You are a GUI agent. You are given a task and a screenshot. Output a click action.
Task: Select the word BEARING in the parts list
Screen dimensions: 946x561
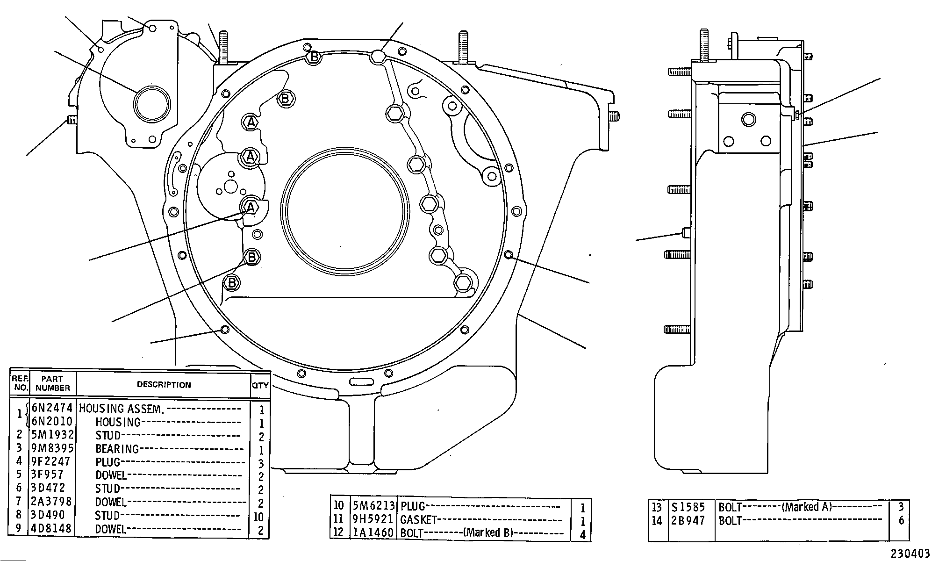117,449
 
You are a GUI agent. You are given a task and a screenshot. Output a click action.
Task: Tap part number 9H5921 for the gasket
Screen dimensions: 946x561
373,519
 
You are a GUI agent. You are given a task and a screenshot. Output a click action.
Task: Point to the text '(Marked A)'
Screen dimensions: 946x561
807,507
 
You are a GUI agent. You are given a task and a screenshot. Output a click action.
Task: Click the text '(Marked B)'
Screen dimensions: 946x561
488,532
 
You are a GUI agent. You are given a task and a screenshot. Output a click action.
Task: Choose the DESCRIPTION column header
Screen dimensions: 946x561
164,385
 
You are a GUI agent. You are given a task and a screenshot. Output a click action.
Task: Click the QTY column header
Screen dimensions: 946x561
260,385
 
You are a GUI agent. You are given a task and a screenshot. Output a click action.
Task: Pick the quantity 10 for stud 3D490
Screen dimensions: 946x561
258,517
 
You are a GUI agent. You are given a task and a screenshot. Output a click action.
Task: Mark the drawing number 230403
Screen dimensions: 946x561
910,554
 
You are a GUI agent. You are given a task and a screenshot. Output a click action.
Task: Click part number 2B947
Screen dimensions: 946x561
688,520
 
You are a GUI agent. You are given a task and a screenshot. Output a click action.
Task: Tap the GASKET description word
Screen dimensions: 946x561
419,520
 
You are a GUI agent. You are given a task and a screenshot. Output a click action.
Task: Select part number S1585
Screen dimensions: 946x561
688,507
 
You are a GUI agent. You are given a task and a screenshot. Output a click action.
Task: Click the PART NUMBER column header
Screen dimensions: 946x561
52,383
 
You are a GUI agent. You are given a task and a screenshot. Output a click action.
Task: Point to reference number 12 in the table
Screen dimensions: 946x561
338,532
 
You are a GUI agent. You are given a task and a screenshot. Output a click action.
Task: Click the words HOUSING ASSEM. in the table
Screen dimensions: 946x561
122,409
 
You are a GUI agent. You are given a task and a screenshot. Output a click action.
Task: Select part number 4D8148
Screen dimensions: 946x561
52,529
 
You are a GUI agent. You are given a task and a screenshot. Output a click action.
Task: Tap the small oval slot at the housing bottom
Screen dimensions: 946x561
361,381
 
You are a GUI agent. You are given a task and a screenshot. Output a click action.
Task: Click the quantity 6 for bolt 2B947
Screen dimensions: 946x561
902,520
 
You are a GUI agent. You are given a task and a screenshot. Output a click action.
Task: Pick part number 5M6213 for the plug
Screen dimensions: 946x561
373,506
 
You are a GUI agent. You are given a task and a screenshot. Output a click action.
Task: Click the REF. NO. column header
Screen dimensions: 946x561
20,383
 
